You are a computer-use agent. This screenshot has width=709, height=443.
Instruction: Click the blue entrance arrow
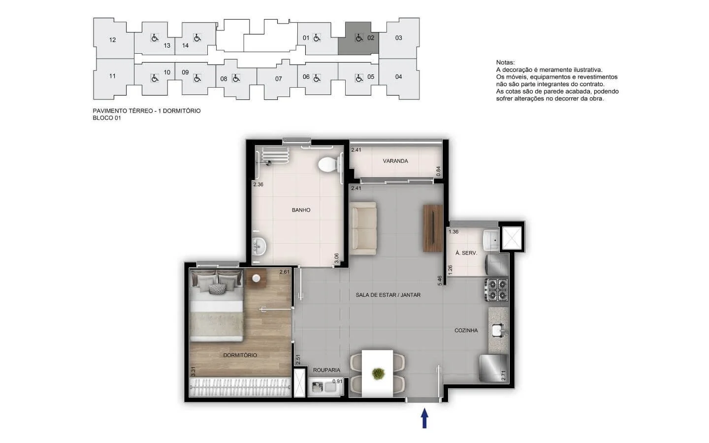point(424,418)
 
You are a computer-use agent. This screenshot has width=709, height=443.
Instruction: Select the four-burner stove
point(497,289)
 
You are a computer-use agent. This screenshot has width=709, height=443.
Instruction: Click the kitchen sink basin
point(498,330)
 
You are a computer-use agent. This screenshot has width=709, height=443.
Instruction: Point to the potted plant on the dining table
point(377,374)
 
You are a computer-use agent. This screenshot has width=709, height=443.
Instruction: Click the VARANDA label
point(395,161)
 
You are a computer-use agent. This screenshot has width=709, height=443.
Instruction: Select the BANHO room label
point(301,210)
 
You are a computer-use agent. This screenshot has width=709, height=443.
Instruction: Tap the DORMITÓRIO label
point(240,355)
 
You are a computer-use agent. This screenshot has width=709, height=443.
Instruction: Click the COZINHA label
point(466,330)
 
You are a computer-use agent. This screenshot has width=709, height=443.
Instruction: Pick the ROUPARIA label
point(326,370)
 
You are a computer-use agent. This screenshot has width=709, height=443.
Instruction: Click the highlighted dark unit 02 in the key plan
point(358,38)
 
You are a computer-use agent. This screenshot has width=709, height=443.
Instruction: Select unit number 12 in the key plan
point(112,40)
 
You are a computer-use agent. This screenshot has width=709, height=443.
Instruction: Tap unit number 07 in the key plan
point(278,79)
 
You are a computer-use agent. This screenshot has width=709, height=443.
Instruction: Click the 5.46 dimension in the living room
point(440,281)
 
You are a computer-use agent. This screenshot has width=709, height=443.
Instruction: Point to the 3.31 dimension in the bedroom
point(193,372)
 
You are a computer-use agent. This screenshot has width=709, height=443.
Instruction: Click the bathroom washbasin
point(259,246)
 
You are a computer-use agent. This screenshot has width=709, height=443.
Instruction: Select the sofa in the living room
point(363,228)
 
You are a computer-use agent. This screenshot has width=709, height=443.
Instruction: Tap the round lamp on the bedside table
point(256,278)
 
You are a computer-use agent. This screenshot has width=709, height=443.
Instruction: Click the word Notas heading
point(506,63)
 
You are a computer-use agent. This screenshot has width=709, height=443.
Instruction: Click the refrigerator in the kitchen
point(493,368)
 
